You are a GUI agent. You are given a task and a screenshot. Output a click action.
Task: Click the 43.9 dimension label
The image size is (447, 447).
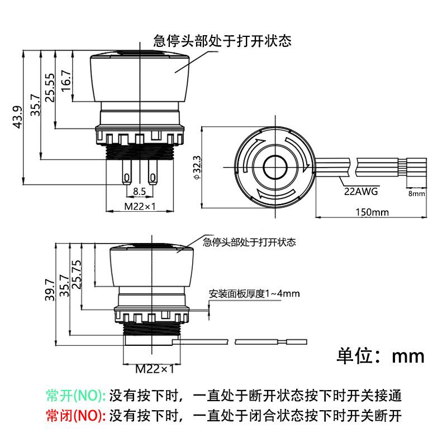pyautogui.click(x=18, y=117)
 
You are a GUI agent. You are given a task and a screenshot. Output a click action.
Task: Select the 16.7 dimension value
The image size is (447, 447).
pyautogui.click(x=66, y=80)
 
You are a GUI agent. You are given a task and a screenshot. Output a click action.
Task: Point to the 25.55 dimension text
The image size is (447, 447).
pyautogui.click(x=50, y=88)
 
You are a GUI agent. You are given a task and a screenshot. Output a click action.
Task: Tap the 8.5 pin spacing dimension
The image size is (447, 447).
pyautogui.click(x=139, y=191)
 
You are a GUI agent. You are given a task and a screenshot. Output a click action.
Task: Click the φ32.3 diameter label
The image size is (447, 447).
pyautogui.click(x=197, y=168)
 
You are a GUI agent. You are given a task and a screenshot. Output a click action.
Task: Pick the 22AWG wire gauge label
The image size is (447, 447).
pyautogui.click(x=361, y=191)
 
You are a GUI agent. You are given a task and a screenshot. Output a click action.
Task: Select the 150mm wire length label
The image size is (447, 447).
pyautogui.click(x=372, y=212)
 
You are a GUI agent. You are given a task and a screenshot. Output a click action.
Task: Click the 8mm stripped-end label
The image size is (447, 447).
pyautogui.click(x=416, y=193)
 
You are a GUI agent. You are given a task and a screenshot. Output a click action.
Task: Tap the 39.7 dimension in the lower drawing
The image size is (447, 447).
pyautogui.click(x=50, y=289)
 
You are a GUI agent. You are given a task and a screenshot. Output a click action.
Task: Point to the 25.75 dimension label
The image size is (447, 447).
pyautogui.click(x=77, y=274)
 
